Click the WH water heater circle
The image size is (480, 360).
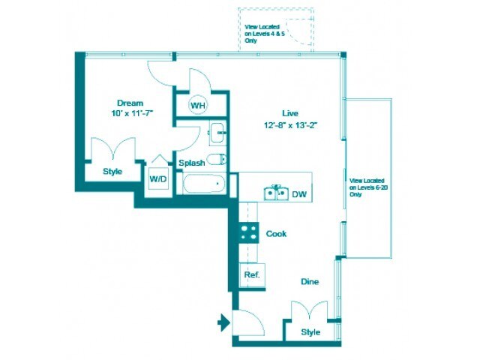pos(197,105)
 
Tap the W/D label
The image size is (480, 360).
pos(158,179)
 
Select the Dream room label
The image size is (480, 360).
pos(130,103)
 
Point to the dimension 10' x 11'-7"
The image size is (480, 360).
pos(130,115)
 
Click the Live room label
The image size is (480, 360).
pos(290,112)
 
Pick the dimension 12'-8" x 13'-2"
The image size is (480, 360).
pos(290,125)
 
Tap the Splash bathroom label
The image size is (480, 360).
pos(192,163)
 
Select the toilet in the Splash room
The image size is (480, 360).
pos(216,159)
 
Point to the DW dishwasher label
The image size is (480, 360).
pos(299,194)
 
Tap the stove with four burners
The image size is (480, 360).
pos(248,233)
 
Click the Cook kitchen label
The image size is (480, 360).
pos(277,234)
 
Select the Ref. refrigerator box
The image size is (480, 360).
pos(252,275)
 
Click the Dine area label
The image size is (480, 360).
pos(310,282)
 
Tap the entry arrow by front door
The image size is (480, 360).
pos(223,324)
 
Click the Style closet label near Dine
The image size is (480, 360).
pos(310,331)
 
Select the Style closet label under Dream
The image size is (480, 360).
pos(112,171)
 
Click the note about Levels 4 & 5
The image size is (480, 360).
pos(260,34)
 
